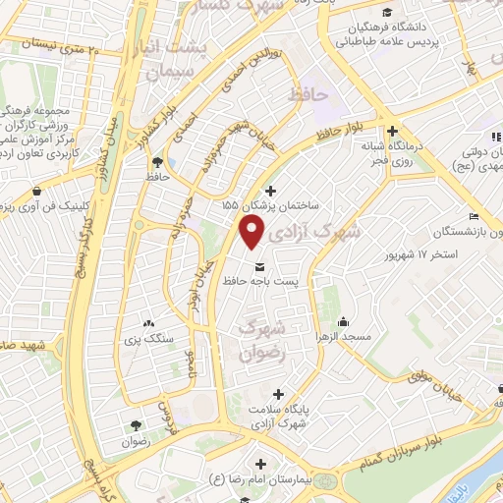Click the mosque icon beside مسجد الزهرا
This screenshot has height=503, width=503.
(x=344, y=322)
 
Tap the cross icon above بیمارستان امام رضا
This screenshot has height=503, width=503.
(x=260, y=464)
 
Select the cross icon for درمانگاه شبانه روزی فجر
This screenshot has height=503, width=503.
(x=392, y=131)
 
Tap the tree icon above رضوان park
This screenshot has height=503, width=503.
(x=134, y=424)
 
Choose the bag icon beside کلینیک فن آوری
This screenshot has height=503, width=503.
(x=36, y=191)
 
